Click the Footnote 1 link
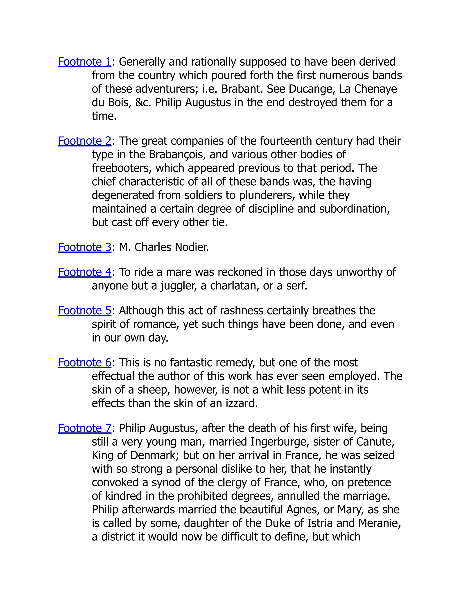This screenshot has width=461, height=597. tap(84, 62)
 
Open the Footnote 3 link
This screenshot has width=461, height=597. tap(84, 247)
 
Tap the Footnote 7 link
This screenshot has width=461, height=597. tap(84, 428)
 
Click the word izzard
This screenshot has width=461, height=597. tap(242, 403)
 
